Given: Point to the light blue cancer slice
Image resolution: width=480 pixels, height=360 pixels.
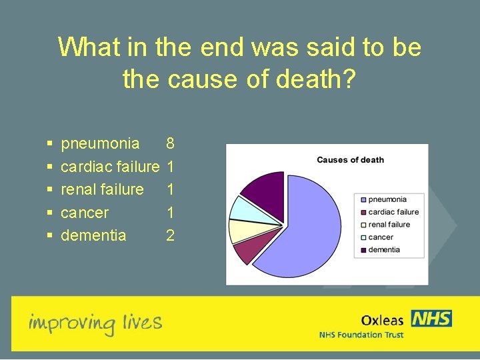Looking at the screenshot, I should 241,208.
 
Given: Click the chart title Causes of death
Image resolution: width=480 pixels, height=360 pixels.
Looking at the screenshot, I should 350,160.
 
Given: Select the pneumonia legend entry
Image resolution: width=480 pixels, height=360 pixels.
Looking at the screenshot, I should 387,199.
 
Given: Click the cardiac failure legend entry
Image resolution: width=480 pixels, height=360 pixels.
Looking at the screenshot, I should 393,212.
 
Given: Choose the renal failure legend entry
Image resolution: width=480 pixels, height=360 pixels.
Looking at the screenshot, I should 389,225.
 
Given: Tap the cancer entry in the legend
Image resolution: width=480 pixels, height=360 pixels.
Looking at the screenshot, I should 381,237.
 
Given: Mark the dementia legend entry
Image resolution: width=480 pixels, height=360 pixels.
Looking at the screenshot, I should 384,250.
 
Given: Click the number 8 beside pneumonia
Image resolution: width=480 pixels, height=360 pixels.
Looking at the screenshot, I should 170,143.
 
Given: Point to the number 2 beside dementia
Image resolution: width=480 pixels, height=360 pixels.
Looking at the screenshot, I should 170,235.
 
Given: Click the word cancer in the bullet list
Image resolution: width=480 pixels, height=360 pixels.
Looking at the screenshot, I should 85,213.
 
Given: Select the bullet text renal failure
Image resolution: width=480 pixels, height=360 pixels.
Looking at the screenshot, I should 102,189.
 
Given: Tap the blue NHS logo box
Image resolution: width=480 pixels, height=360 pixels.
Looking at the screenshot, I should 431,319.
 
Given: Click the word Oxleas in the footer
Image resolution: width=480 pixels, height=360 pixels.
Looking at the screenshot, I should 383,321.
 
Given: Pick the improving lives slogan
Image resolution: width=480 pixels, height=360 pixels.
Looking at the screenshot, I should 95,323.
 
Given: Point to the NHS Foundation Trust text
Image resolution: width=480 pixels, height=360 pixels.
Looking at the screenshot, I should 361,335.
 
